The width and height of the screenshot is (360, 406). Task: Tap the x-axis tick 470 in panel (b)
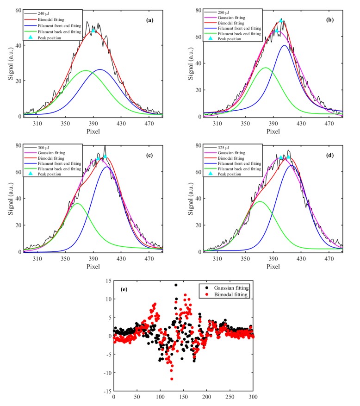pos(329,125)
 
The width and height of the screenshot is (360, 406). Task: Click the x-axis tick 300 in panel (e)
pos(253,397)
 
